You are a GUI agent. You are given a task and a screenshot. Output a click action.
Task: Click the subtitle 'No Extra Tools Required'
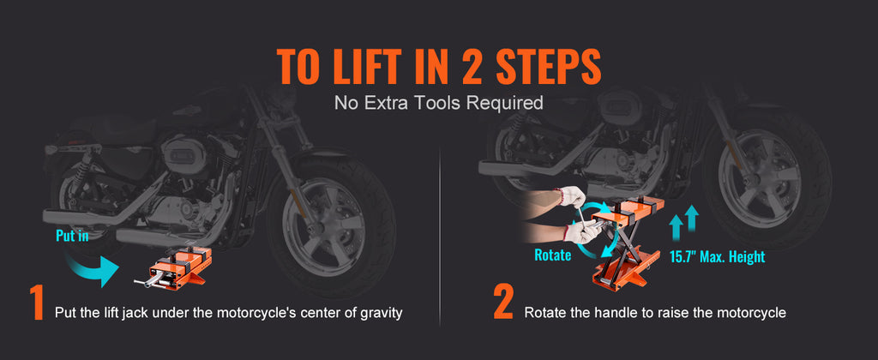[438, 104]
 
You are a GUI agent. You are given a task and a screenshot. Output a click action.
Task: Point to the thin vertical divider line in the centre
[439, 231]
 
